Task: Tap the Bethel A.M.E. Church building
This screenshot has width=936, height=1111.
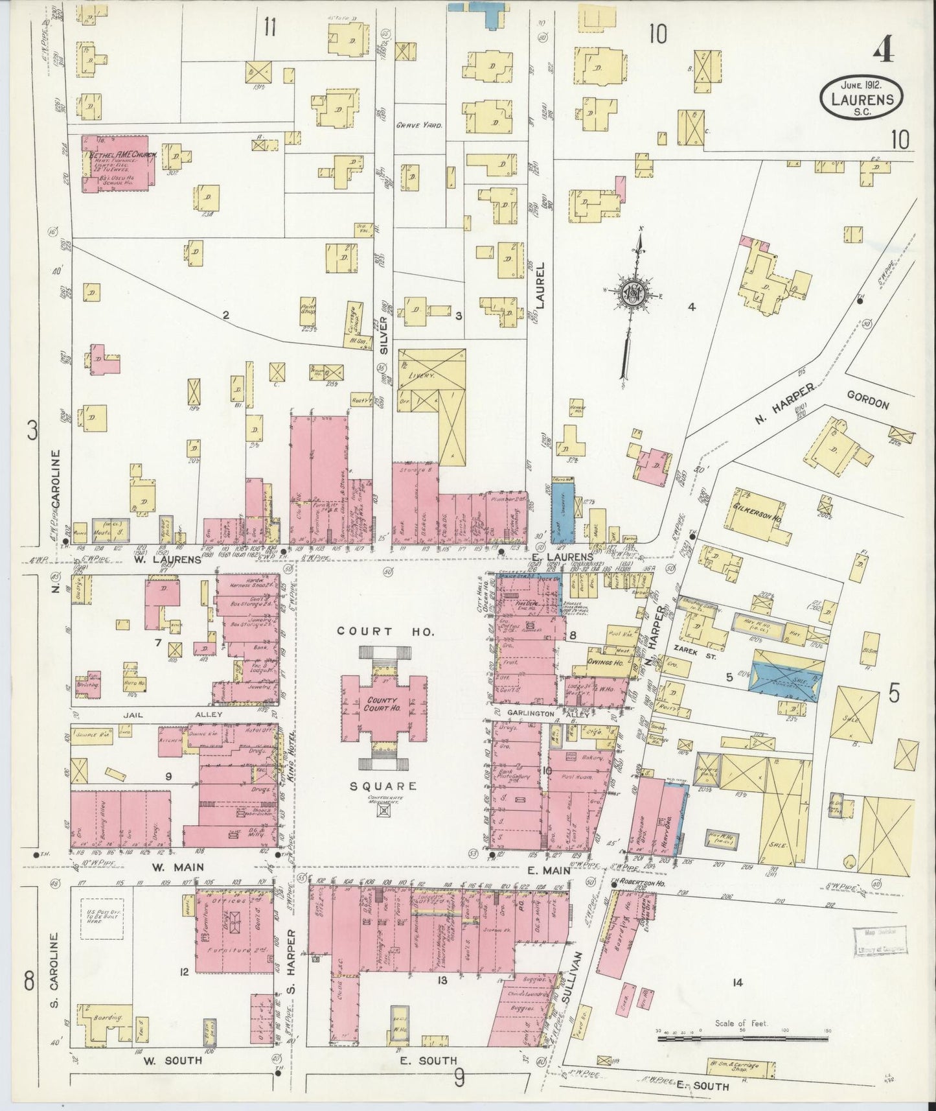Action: pos(117,163)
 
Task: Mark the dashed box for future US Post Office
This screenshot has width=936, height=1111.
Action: pos(101,918)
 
